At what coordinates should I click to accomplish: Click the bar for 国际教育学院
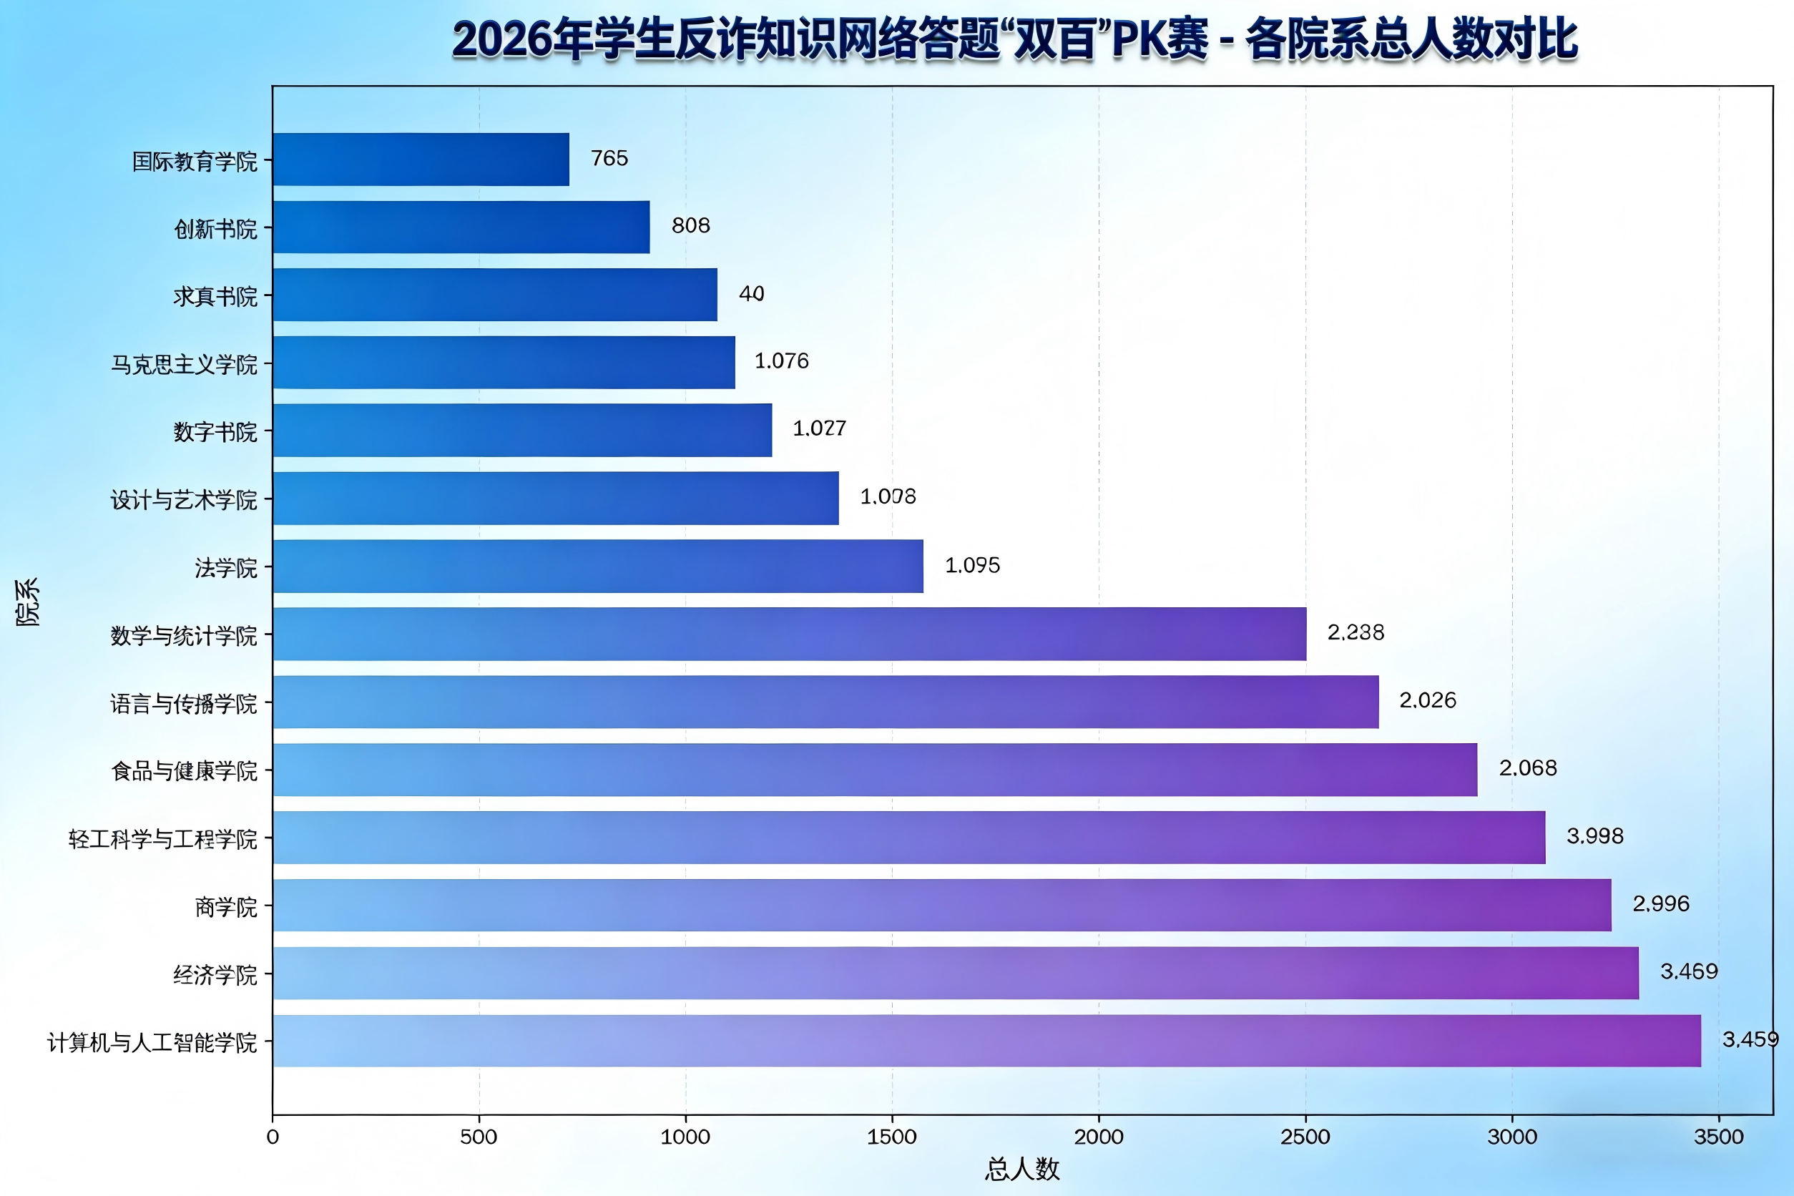[421, 160]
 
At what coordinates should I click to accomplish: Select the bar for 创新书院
[461, 227]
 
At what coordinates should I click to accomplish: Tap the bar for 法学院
[598, 566]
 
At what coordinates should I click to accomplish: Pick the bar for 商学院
[942, 906]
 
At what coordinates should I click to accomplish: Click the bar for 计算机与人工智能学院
[986, 1040]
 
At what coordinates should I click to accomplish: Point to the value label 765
[609, 159]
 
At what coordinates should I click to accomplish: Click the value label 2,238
[1355, 632]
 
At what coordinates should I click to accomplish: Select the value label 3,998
[1594, 836]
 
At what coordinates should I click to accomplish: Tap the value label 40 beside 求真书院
[751, 294]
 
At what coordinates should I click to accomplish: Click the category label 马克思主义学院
[184, 365]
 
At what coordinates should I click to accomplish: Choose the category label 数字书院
[215, 432]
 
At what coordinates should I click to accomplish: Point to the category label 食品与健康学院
[184, 771]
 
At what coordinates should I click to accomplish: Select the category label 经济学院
[215, 975]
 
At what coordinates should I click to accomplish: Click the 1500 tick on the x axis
[892, 1137]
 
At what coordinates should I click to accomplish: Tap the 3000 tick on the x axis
[1511, 1137]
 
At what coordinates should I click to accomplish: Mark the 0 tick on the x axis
[273, 1137]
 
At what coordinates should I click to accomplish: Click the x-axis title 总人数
[1022, 1169]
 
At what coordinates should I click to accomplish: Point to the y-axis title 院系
[27, 602]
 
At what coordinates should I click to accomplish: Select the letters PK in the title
[1137, 39]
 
